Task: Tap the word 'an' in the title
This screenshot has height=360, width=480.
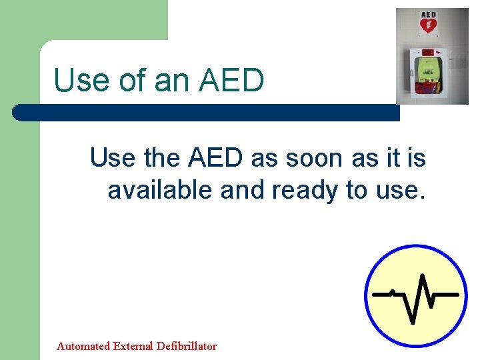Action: click(x=166, y=81)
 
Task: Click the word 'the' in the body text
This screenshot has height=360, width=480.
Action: click(x=161, y=159)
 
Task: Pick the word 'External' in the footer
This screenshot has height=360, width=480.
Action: click(x=135, y=346)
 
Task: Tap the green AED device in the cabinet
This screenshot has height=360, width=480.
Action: click(x=428, y=69)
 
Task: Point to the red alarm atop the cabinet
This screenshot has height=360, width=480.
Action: click(x=428, y=51)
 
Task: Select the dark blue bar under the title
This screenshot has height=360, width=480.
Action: click(x=207, y=113)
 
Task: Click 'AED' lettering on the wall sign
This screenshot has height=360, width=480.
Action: click(x=427, y=14)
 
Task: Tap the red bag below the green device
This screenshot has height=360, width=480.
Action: click(x=428, y=87)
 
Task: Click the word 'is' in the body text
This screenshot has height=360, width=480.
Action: click(x=415, y=159)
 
